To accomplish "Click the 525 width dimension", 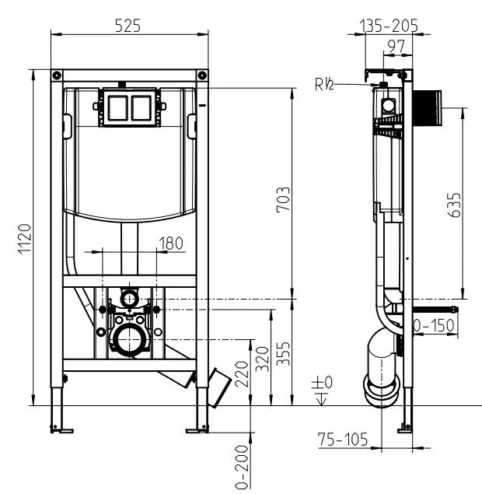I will pos(127,26).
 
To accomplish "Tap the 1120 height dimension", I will pos(24,239).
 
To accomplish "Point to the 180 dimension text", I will pos(170,243).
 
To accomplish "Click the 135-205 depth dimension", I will pos(389,26).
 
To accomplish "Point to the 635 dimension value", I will pos(454,205).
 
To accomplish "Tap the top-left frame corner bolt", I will pos(58,75).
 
